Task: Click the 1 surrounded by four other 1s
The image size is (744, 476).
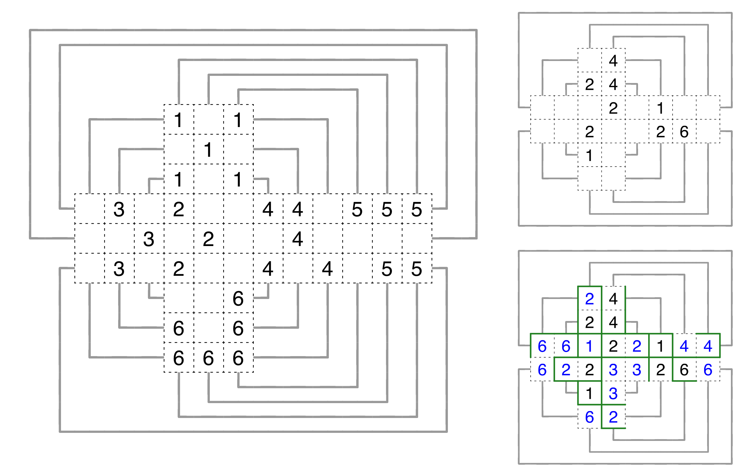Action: click(208, 150)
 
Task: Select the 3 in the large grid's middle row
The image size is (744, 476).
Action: click(149, 239)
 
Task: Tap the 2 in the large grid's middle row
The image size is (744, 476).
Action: click(208, 239)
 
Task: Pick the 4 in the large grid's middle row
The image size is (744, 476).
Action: click(297, 239)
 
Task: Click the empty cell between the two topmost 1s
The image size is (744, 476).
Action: click(209, 120)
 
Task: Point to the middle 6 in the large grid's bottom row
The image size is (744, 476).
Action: click(208, 358)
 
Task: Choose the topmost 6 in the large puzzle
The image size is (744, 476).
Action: click(238, 299)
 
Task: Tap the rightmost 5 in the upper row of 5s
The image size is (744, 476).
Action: click(417, 209)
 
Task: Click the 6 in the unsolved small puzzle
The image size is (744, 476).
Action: click(684, 132)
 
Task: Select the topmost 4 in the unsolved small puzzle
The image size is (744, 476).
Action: click(613, 61)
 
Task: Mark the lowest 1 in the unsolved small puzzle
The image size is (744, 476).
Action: click(589, 156)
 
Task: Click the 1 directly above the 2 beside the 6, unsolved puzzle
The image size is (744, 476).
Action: click(660, 108)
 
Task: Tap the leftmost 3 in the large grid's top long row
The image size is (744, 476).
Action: click(119, 209)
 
